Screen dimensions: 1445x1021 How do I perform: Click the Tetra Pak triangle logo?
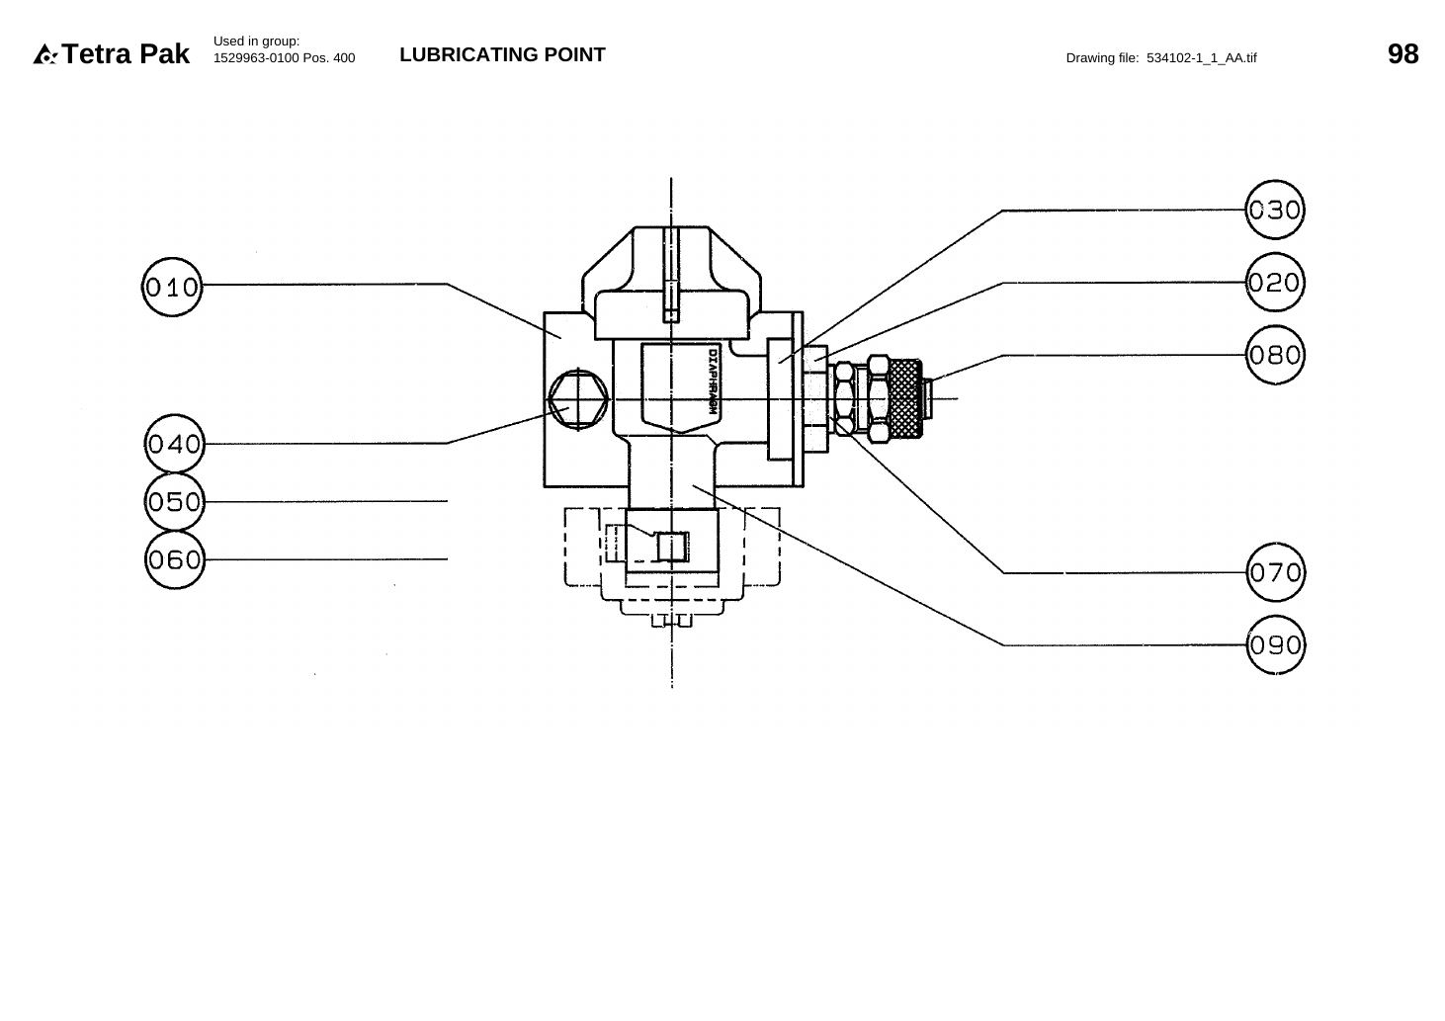[44, 54]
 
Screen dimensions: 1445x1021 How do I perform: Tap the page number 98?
[1403, 54]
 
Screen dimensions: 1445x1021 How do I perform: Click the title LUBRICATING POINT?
[502, 54]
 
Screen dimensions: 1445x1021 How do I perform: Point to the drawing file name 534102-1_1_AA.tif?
[1201, 58]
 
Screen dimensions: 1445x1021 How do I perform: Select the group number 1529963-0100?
[256, 58]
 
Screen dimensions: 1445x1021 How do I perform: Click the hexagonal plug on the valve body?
[578, 399]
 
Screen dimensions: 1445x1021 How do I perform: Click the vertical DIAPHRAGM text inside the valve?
[713, 382]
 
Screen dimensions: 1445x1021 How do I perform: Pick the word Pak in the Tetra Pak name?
[164, 54]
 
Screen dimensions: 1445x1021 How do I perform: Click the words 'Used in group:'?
[257, 42]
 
